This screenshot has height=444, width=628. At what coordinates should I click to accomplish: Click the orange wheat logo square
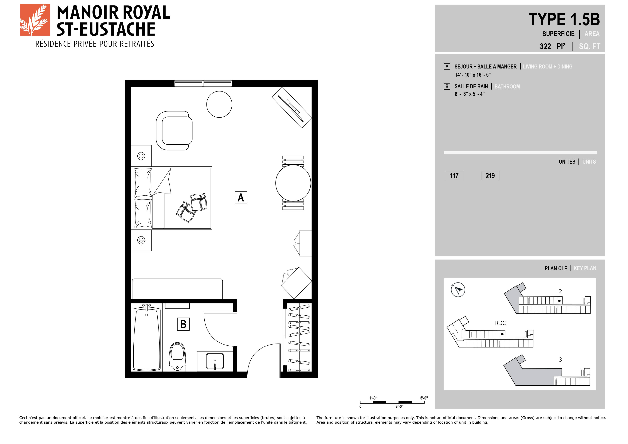[x=35, y=20]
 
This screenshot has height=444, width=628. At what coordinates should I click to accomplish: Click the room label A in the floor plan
[x=241, y=197]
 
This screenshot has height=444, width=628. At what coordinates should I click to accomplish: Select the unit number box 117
[x=454, y=176]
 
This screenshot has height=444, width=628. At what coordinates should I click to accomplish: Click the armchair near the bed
[x=174, y=131]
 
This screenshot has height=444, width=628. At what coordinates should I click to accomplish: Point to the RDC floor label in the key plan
[x=500, y=323]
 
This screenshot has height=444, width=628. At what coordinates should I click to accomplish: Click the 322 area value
[x=545, y=46]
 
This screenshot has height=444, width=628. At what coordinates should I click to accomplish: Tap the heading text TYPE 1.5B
[x=564, y=19]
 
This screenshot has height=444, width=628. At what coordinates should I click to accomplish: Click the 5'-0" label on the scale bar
[x=424, y=398]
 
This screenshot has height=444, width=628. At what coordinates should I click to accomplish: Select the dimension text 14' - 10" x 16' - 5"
[x=473, y=75]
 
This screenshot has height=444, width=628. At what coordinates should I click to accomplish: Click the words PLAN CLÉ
[x=556, y=268]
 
